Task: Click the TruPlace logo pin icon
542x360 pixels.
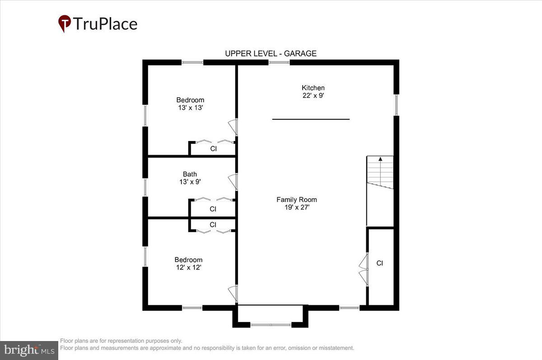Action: click(65, 23)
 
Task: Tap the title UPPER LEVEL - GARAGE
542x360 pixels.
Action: click(271, 53)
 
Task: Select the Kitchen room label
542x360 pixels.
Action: click(313, 88)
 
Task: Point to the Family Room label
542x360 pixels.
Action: click(296, 200)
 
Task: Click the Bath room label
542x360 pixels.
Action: click(190, 174)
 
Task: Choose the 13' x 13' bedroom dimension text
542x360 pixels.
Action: click(190, 108)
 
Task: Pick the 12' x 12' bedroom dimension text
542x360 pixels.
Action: click(188, 267)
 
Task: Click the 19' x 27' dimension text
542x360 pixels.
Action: click(296, 207)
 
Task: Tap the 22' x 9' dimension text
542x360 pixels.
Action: click(313, 95)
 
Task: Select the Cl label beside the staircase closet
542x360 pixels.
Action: click(380, 263)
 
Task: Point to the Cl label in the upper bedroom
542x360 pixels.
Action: click(214, 148)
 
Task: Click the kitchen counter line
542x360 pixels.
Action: click(311, 119)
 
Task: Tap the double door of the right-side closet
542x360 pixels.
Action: click(364, 270)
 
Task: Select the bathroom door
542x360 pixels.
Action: click(233, 181)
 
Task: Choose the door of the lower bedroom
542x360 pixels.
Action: click(233, 294)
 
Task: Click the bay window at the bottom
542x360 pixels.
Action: click(271, 324)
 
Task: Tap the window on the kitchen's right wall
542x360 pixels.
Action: click(396, 105)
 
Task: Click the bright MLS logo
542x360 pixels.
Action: click(29, 350)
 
